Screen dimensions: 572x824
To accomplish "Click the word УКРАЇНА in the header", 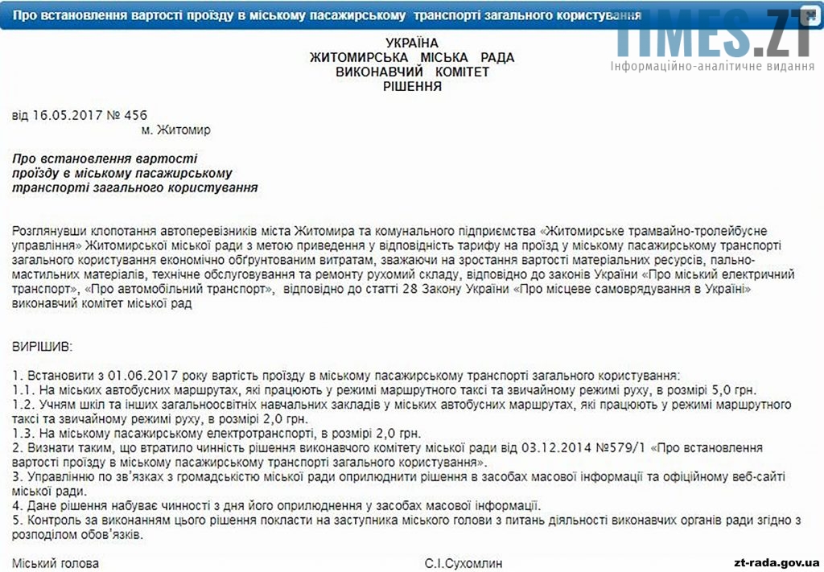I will tap(412, 43).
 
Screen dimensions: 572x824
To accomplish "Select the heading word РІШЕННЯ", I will tap(412, 86).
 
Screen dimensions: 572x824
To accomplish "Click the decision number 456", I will tap(136, 115).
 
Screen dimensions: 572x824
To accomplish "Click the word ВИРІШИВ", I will tap(42, 347).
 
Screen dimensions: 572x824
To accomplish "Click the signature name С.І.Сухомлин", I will tap(467, 563).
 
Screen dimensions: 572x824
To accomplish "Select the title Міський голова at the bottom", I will tap(56, 563).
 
